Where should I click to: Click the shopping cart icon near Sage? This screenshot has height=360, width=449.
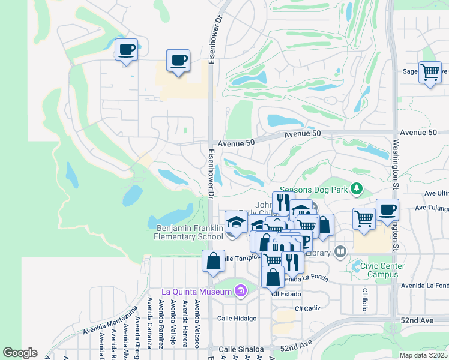[430, 72]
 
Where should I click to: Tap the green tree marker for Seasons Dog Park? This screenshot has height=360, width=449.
[357, 189]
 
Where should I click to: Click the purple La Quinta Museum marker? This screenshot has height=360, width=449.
[241, 292]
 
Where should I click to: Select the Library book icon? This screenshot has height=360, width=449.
[340, 251]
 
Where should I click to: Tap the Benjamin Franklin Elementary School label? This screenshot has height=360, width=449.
[189, 232]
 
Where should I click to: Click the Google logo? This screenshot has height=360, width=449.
[20, 353]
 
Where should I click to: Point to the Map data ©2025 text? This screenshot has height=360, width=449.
[423, 355]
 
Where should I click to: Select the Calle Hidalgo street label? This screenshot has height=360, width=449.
[237, 319]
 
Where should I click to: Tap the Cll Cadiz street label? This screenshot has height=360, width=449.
[308, 308]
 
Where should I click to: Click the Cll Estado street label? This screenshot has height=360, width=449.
[284, 295]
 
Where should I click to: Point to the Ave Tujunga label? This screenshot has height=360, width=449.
[432, 208]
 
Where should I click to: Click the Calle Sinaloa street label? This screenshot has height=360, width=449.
[241, 349]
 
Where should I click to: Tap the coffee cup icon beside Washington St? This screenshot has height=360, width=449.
[387, 209]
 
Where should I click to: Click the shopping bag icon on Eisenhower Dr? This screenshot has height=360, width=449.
[213, 261]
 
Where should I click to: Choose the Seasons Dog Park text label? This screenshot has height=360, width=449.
[314, 190]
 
